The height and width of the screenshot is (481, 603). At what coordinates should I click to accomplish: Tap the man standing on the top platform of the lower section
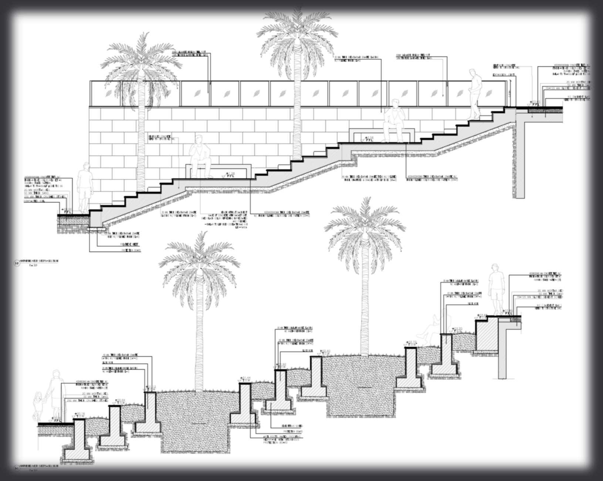(x=495, y=288)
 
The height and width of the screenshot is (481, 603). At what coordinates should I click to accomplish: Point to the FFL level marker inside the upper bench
(x=368, y=139)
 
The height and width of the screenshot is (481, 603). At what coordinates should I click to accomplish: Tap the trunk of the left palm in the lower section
(x=199, y=333)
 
